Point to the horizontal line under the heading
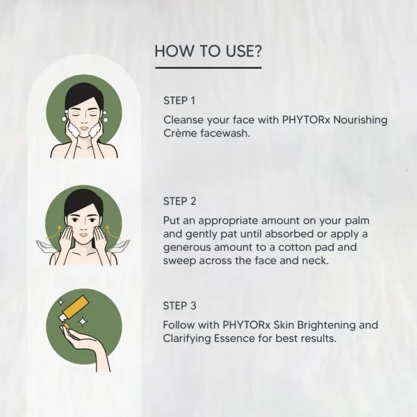pos(208,67)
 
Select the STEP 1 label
pos(179,99)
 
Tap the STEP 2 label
pos(180,201)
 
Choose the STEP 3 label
pos(180,304)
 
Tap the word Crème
pos(181,133)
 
